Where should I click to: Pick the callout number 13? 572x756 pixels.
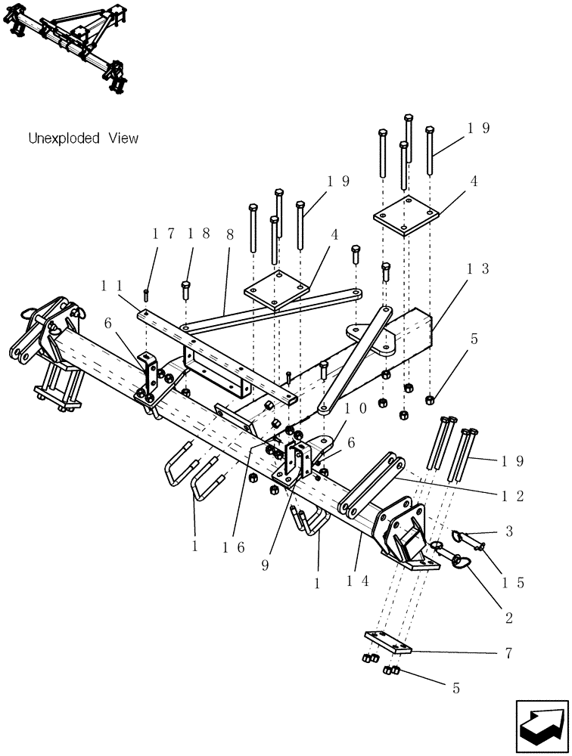[478, 268]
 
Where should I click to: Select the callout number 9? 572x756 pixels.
[265, 564]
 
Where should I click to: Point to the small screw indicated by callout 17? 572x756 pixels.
[145, 293]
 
